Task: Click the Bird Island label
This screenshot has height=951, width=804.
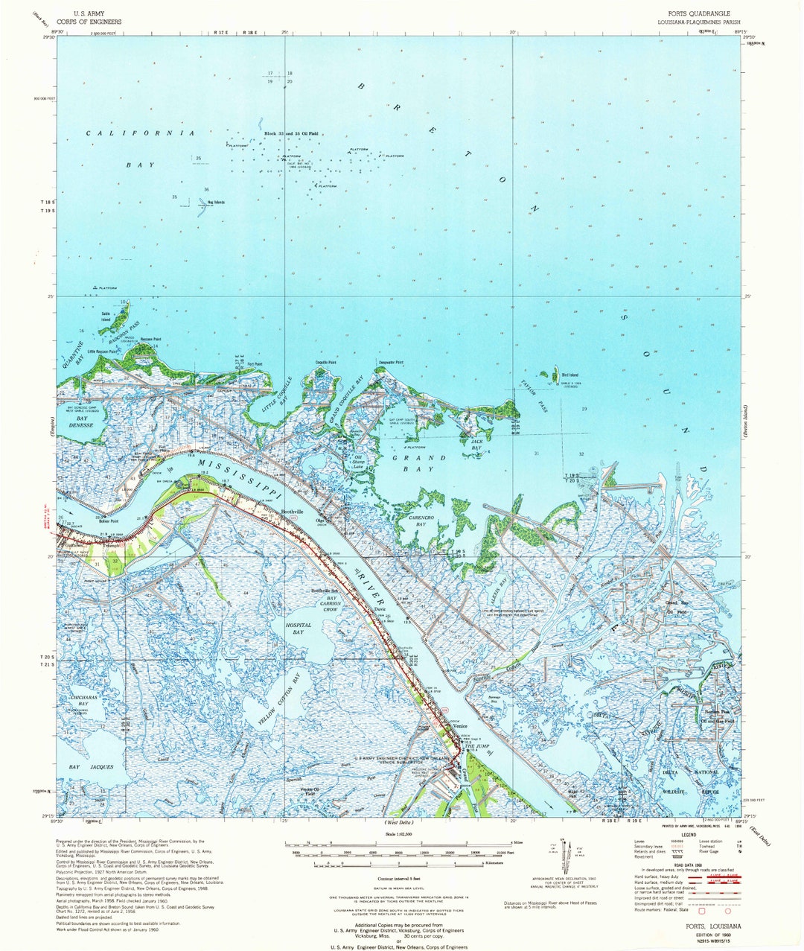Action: pyautogui.click(x=569, y=375)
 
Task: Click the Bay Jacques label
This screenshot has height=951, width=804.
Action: pyautogui.click(x=91, y=766)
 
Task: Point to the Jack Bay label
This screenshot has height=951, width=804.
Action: pyautogui.click(x=476, y=445)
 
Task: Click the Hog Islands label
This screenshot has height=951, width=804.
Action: pyautogui.click(x=216, y=202)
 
